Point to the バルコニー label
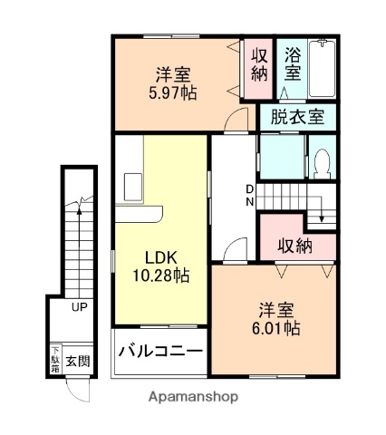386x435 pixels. (159, 352)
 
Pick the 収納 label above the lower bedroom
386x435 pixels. (295, 245)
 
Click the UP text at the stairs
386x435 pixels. (80, 307)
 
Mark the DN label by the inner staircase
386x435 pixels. (250, 196)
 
